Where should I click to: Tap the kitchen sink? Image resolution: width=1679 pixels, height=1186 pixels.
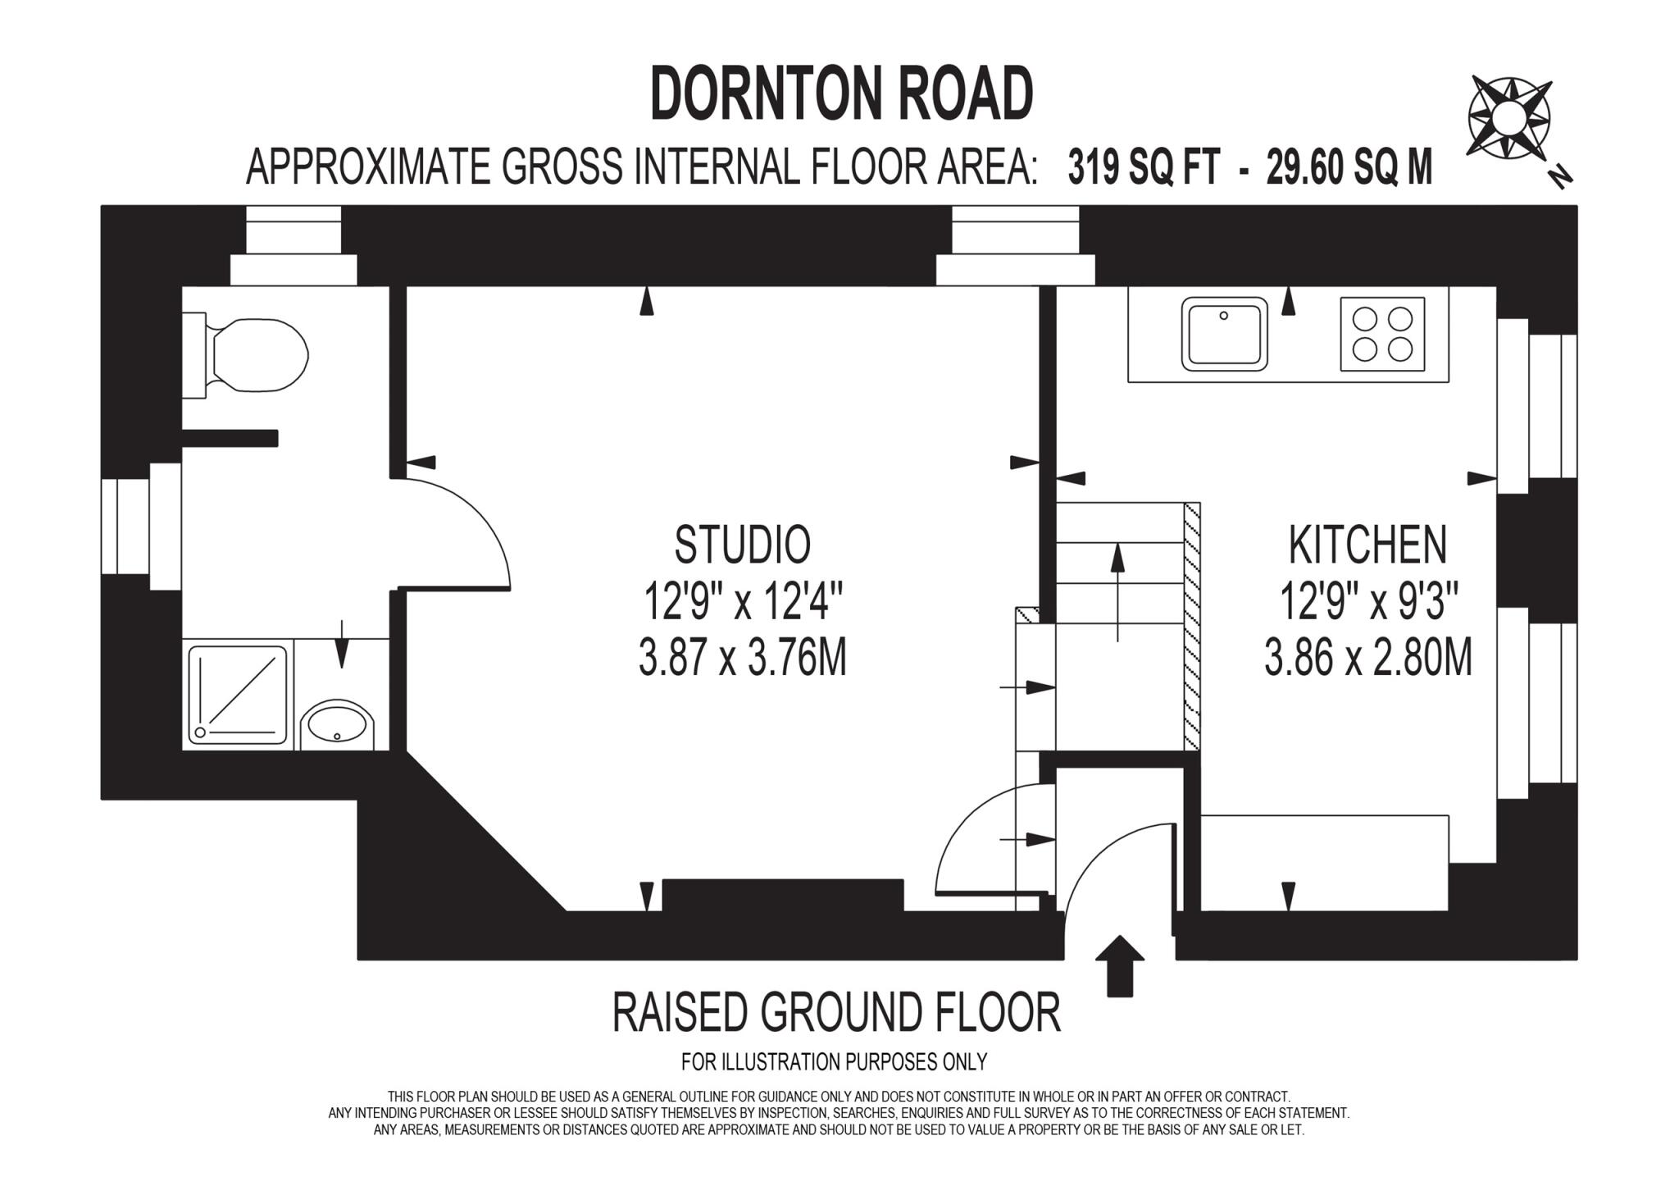1224,334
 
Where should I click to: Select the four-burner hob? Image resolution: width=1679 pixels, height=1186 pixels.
1382,334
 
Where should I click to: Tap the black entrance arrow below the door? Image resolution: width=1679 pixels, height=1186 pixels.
1119,965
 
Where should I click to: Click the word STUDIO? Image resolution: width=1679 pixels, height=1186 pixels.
743,545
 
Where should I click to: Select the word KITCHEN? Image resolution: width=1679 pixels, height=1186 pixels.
1367,545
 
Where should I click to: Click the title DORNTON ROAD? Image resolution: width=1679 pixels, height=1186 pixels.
841,95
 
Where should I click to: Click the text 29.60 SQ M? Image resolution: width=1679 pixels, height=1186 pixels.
1349,168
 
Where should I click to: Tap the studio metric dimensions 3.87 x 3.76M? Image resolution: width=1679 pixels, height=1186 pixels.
742,659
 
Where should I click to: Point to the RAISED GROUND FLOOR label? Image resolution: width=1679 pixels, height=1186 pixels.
836,1012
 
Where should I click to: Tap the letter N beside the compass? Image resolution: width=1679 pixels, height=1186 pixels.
1561,176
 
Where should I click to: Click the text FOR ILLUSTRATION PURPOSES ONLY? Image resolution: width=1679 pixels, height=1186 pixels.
834,1062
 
